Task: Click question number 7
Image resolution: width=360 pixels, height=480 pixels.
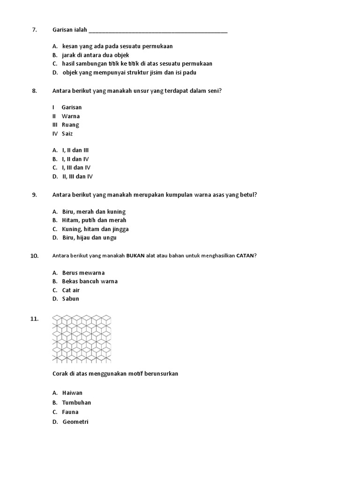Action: point(34,30)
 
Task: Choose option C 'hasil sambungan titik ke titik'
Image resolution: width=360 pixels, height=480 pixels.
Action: point(137,64)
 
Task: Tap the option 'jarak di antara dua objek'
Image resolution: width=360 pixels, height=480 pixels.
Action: point(95,55)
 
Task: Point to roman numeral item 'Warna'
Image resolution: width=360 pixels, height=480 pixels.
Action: point(71,116)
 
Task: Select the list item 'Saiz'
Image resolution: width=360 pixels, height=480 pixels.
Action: point(67,134)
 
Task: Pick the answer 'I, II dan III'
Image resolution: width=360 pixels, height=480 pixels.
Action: point(75,150)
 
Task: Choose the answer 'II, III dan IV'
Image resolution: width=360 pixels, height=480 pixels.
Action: point(78,177)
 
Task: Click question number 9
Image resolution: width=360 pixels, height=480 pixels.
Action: point(34,195)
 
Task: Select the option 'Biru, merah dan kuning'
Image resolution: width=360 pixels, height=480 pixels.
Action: point(94,212)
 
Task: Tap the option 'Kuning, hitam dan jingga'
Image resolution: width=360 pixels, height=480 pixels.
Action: point(95,229)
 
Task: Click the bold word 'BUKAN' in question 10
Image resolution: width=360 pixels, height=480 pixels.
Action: point(135,255)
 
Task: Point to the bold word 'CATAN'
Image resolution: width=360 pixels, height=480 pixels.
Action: point(245,255)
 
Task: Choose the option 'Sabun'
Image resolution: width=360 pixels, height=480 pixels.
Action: point(71,299)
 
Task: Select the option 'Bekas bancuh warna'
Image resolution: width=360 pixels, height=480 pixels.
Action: point(90,281)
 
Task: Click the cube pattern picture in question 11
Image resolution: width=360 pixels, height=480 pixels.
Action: point(82,338)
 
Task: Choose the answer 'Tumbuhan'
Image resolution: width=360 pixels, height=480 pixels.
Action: point(76,403)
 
